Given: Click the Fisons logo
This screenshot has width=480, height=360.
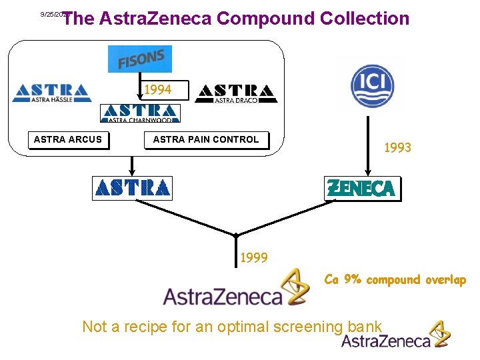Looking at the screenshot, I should point(140,59).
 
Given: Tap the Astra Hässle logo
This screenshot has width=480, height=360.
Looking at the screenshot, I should point(51,93).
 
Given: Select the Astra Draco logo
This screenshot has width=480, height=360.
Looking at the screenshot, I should point(236,93).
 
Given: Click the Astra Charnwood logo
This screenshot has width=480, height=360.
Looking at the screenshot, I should point(140,113).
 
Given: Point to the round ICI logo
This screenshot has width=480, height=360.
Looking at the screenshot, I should point(372,85).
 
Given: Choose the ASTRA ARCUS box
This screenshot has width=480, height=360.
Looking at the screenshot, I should point(68,140).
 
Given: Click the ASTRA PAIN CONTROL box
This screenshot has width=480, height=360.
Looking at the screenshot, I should point(206,140).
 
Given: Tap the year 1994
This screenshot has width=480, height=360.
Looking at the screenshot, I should point(158,89).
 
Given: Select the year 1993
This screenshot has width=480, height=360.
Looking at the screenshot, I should point(397,148).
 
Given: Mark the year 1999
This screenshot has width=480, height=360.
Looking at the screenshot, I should point(253,257).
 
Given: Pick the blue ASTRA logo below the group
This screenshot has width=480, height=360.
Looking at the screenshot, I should point(132,188).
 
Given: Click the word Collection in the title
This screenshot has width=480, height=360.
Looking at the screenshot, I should point(365,19).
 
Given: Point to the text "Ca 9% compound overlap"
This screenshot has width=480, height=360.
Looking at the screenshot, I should point(395,280).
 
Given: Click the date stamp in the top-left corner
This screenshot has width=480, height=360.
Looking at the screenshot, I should point(53,14).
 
